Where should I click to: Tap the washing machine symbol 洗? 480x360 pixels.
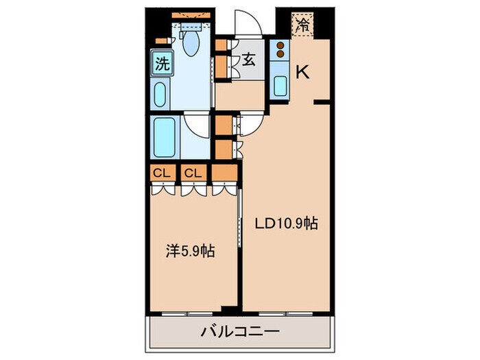tap(162, 65)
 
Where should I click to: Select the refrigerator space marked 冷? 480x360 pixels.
tap(303, 25)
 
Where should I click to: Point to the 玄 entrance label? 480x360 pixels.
tap(248, 60)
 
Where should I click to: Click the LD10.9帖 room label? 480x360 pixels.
tap(287, 224)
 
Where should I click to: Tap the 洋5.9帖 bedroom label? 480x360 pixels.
tap(190, 251)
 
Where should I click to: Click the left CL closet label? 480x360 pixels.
tap(162, 173)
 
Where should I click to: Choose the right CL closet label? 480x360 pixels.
tap(193, 173)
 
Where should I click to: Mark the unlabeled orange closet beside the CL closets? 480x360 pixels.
tap(221, 173)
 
